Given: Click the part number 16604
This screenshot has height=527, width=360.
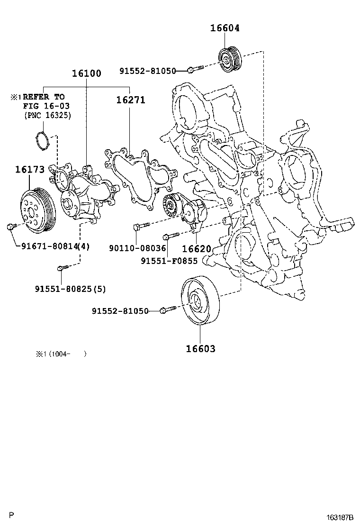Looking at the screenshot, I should (x=225, y=28).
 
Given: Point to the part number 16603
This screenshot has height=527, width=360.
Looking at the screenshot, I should (x=200, y=349).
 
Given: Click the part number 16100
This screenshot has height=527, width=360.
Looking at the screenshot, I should (x=87, y=73).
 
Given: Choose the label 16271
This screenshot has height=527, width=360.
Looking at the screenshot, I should (x=130, y=100).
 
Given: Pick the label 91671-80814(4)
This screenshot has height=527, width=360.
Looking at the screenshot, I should (x=55, y=246).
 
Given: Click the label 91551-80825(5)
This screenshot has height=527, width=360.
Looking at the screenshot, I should (x=70, y=289).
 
